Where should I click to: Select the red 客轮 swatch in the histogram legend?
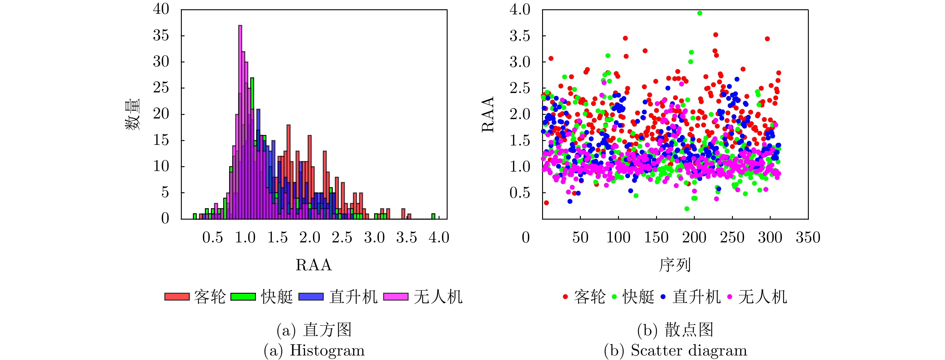pos(177,296)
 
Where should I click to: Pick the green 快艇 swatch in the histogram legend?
pos(243,296)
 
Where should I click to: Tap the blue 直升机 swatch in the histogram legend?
pos(311,296)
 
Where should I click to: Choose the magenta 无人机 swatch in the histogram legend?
pos(395,296)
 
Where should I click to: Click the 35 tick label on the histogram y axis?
pos(161,36)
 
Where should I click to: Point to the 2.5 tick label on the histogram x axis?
pos(342,237)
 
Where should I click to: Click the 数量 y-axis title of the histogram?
pos(132,115)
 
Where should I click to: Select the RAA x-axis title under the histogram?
pos(314,265)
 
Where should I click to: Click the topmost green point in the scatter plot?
pos(700,13)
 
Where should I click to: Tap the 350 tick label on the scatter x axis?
pos(808,237)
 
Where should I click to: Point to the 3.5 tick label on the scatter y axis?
pos(520,36)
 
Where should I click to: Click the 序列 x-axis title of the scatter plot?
pos(675,265)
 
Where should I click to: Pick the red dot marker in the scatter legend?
pos(565,296)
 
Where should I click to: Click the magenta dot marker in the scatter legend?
pos(730,296)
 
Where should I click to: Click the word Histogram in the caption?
pos(327,350)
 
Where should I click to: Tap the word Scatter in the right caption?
pos(652,350)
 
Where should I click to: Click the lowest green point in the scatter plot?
pos(687,208)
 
